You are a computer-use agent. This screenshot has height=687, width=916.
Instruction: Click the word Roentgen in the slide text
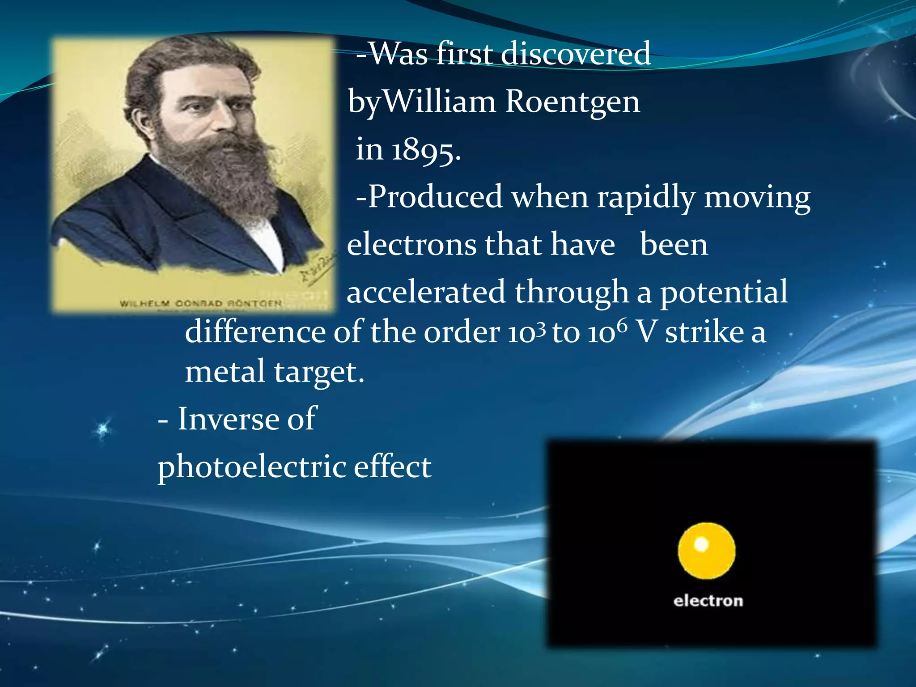click(x=572, y=102)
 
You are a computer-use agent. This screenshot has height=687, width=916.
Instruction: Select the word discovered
click(x=576, y=54)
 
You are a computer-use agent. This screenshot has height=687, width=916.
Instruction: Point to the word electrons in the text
click(x=412, y=245)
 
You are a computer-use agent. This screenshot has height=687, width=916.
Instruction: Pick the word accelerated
click(x=426, y=292)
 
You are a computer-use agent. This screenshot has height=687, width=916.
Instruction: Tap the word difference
click(x=255, y=332)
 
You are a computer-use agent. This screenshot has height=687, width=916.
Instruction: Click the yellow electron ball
click(x=706, y=551)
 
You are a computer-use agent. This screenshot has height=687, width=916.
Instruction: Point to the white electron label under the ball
click(x=708, y=601)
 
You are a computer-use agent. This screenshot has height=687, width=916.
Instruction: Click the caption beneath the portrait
click(x=201, y=304)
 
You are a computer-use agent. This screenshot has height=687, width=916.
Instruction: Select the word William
click(x=440, y=102)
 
